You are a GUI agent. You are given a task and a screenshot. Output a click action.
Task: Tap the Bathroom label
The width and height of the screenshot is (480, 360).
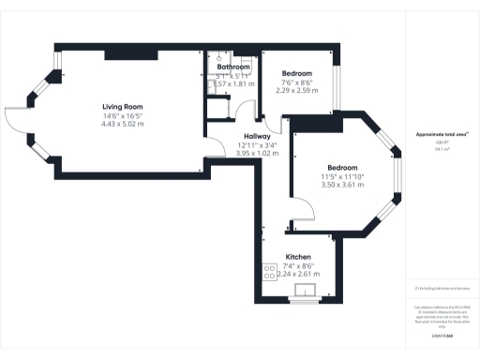click(x=234, y=67)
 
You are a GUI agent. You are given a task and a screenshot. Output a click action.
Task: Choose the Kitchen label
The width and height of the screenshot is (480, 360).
click(x=298, y=256)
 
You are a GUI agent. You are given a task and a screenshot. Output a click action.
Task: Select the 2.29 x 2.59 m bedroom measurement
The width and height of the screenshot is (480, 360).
click(x=297, y=91)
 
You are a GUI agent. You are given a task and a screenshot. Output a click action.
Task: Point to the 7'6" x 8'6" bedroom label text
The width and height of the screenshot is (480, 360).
click(x=297, y=82)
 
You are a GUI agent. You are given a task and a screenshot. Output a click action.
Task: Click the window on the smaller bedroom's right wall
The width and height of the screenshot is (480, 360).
click(x=337, y=87)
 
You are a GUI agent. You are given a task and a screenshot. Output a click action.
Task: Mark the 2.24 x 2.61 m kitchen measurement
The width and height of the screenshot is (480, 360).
click(x=298, y=273)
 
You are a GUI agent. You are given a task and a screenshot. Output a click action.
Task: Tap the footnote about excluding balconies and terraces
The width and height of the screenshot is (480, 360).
click(x=442, y=289)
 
